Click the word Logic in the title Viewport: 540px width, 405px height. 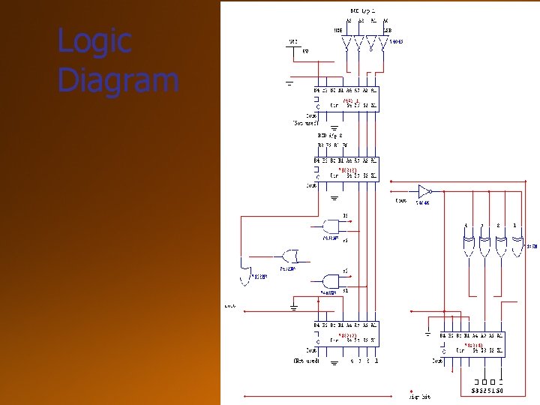(94, 41)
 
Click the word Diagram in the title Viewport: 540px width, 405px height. (118, 80)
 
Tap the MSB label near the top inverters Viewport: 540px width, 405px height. (338, 31)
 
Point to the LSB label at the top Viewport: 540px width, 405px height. (387, 31)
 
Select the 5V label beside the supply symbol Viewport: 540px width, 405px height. (305, 51)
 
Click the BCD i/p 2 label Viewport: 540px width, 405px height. (330, 136)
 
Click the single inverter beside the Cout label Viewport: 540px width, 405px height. (424, 190)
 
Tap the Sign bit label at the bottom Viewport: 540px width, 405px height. (419, 396)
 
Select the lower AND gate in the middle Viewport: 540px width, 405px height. (331, 279)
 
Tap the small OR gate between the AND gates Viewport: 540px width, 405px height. (287, 255)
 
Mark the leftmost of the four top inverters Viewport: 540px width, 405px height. (346, 45)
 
